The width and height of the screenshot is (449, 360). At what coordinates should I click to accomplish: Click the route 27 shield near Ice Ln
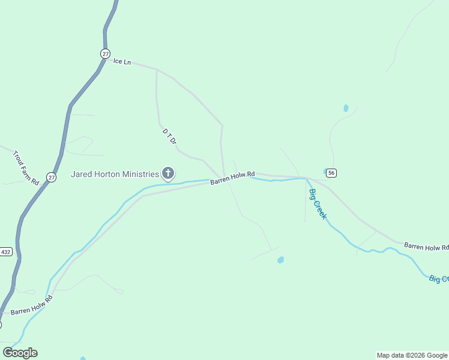[105, 53]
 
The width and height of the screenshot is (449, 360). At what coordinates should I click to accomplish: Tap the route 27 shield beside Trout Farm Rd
[52, 178]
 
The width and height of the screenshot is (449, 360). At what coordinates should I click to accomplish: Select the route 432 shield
[6, 251]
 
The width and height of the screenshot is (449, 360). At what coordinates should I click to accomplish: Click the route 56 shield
[332, 173]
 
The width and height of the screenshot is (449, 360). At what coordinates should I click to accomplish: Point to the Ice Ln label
[122, 62]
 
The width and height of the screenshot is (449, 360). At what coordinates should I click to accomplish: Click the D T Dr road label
[169, 136]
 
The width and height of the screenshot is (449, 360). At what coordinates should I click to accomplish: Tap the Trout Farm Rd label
[26, 167]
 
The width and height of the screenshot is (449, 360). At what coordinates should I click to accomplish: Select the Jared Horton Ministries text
[115, 174]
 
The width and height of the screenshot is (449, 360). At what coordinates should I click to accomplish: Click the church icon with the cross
[168, 174]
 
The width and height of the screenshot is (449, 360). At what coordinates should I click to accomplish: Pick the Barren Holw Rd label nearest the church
[232, 178]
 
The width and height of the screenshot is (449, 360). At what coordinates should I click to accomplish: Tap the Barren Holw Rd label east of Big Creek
[426, 246]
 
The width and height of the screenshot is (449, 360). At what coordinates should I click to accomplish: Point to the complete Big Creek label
[318, 203]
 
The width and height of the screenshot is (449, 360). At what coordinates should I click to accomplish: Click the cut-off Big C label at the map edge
[439, 279]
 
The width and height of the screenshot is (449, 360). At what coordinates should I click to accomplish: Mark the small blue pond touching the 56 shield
[325, 172]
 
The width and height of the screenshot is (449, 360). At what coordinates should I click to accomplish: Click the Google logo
[20, 353]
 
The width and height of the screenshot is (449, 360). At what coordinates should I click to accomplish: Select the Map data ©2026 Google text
[412, 355]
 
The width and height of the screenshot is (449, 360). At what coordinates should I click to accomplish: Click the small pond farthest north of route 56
[346, 108]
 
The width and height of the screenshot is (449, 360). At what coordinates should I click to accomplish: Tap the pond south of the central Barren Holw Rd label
[280, 260]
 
